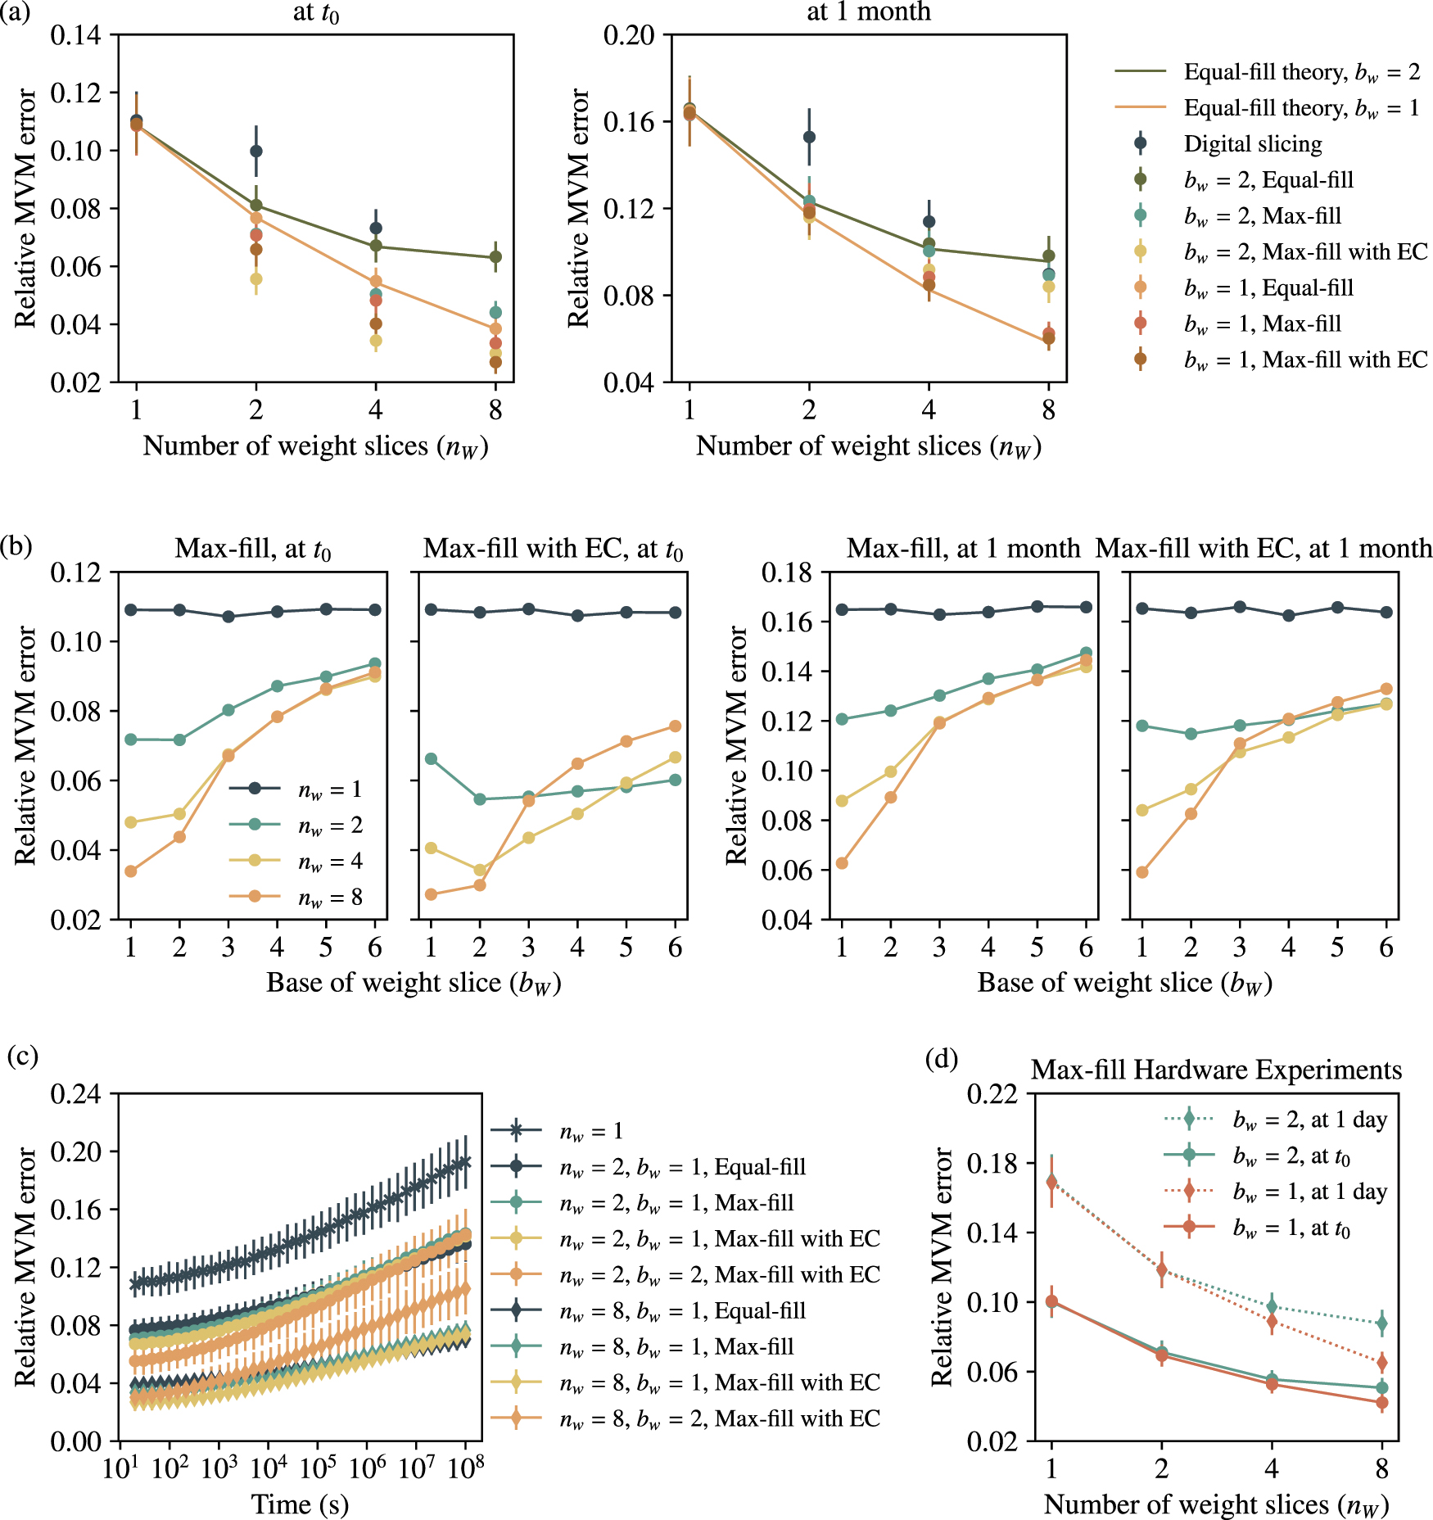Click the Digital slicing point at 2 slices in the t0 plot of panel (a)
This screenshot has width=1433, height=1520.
(x=255, y=151)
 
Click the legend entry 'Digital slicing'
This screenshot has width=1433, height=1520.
(x=1252, y=144)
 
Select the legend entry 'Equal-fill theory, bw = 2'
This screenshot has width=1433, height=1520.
(x=1301, y=72)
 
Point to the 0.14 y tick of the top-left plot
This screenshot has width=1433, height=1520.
(x=75, y=35)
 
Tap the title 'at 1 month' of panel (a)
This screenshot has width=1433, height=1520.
(x=868, y=11)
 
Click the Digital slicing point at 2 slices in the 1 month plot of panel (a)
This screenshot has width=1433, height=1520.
(x=809, y=137)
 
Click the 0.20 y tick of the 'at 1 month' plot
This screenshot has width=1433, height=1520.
(x=629, y=35)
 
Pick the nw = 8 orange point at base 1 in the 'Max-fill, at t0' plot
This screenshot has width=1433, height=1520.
(x=131, y=871)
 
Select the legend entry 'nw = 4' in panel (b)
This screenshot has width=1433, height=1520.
(x=329, y=861)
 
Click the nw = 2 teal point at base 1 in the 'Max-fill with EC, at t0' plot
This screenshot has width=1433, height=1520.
(x=432, y=759)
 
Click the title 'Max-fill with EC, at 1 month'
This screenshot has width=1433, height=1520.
(x=1263, y=548)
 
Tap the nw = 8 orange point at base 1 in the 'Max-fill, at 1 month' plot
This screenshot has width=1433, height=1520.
(x=842, y=863)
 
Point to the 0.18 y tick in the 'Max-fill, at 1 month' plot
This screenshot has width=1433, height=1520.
(x=786, y=572)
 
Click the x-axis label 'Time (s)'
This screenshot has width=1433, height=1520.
(x=300, y=1504)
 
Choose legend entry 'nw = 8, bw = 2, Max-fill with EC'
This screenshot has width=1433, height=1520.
(x=719, y=1418)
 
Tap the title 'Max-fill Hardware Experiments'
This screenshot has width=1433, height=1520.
(x=1216, y=1070)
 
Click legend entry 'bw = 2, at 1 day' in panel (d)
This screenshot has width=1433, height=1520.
(x=1309, y=1119)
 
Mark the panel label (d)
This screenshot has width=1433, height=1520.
(x=941, y=1059)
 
